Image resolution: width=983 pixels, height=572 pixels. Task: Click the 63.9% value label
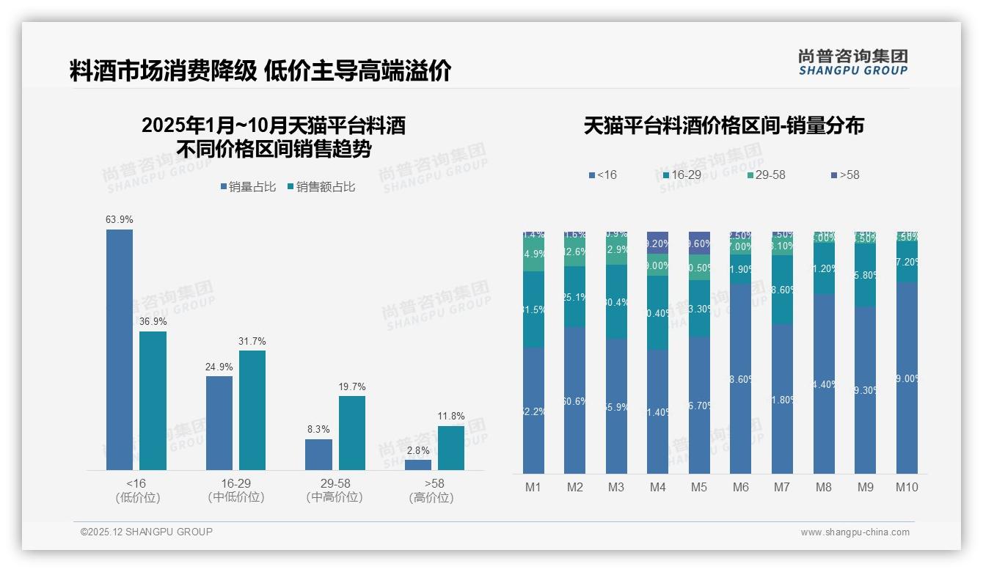coord(120,219)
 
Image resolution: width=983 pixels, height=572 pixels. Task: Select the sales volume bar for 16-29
coord(219,423)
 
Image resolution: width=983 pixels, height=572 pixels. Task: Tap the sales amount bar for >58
coord(451,448)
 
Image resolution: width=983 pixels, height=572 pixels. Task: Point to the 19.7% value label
coord(352,386)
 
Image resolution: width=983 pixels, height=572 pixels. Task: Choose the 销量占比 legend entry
coord(248,187)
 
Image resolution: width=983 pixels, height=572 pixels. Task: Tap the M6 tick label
coord(740,487)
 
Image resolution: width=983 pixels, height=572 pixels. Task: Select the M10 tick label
coord(907,487)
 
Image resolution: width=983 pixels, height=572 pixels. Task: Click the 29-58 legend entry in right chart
coord(766,175)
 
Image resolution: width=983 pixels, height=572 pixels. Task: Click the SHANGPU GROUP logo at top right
coord(853,62)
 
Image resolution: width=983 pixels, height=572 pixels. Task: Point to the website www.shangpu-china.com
coord(855,532)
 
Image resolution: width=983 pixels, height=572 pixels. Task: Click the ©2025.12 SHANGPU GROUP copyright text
coord(147,532)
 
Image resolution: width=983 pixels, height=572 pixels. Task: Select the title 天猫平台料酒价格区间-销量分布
coord(723,125)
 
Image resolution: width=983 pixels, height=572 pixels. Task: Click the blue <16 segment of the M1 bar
coord(533,411)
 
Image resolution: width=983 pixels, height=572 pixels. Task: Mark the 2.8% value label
coord(418,450)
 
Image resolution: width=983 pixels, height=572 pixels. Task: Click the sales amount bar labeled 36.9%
coord(153,400)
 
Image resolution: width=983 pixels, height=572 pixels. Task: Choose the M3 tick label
coord(616,487)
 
